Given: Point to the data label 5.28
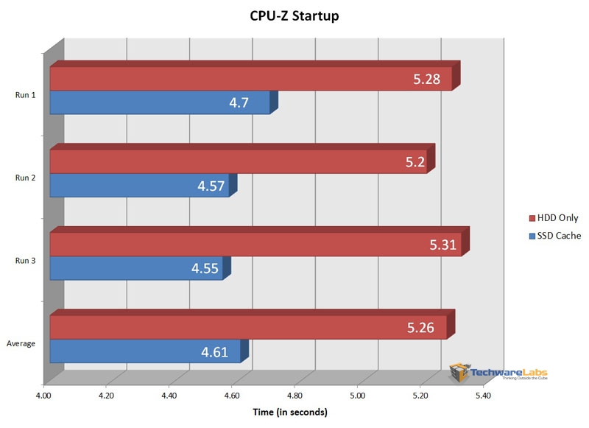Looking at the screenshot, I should [426, 79].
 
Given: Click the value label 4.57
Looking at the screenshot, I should [211, 186].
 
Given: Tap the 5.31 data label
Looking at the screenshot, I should [444, 245].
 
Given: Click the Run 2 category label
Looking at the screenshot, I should [25, 177].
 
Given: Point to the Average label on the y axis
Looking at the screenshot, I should [21, 343].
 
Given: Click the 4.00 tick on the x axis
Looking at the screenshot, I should [43, 396].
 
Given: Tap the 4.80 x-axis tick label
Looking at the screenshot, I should [294, 396].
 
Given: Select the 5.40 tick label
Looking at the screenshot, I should [482, 396].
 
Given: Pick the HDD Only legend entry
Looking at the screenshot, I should [554, 218].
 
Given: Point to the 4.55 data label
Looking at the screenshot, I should [205, 269].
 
